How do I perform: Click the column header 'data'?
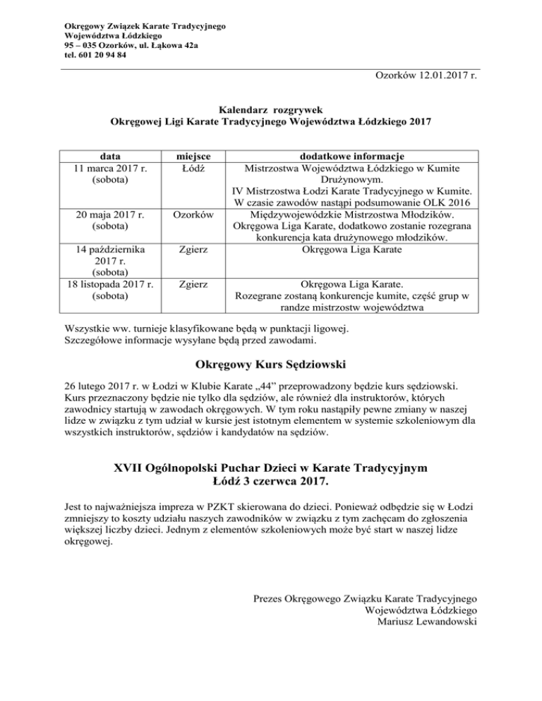click(x=109, y=156)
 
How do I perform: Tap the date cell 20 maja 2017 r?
click(x=109, y=214)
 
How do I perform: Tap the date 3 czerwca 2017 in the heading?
click(x=284, y=484)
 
